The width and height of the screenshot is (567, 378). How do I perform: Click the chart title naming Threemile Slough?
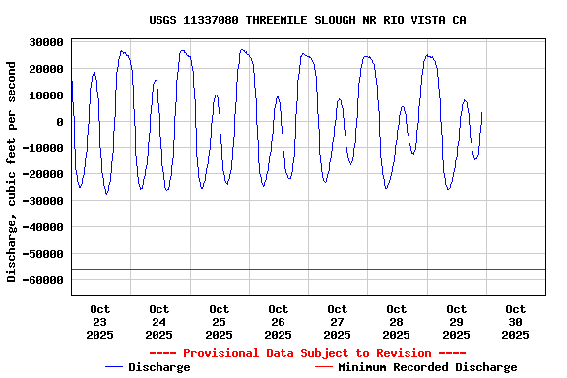click(307, 20)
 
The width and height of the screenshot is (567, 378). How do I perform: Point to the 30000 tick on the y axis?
click(46, 42)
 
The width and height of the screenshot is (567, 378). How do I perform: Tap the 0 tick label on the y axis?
click(60, 122)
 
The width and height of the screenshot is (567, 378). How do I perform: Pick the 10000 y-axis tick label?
click(46, 95)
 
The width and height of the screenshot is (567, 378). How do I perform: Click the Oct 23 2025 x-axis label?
click(100, 322)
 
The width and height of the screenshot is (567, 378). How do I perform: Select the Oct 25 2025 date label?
click(219, 322)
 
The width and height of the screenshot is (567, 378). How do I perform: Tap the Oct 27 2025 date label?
click(338, 322)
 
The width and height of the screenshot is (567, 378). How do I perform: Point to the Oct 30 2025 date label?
click(515, 322)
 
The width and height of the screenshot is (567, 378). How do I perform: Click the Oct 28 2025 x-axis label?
click(397, 322)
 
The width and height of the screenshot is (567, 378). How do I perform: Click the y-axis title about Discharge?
click(12, 171)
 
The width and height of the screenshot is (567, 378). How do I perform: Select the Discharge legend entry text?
click(159, 367)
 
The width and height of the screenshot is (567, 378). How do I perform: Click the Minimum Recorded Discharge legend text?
click(427, 367)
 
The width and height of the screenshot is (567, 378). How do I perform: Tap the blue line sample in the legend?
click(114, 367)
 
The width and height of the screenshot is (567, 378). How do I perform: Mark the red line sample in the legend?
click(324, 367)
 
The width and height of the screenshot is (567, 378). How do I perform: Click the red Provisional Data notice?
click(307, 353)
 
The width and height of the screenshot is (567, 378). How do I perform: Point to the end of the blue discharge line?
click(481, 112)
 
